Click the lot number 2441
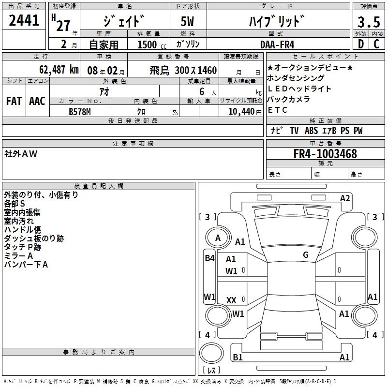[24, 21]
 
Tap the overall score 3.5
[368, 22]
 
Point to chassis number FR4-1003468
[325, 154]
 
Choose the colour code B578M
[81, 111]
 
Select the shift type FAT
[14, 101]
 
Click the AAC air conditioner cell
[37, 101]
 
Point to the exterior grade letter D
[360, 45]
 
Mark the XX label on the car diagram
[232, 300]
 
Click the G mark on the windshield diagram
[306, 255]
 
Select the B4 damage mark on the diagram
[209, 258]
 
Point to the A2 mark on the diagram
[345, 198]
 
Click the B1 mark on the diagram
[238, 357]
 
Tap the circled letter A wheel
[218, 238]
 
